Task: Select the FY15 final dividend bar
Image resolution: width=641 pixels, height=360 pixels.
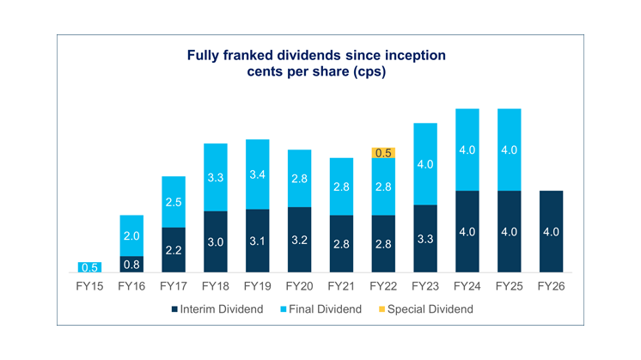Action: point(90,267)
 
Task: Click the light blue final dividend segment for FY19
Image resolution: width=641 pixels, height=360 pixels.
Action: point(257,174)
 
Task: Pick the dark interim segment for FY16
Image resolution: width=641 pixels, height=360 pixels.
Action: point(131,265)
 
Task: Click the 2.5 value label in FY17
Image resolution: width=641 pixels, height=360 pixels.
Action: point(173,202)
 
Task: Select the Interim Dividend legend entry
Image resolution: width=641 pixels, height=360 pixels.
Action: point(222,308)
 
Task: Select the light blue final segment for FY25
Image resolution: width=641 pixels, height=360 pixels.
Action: point(509,149)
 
